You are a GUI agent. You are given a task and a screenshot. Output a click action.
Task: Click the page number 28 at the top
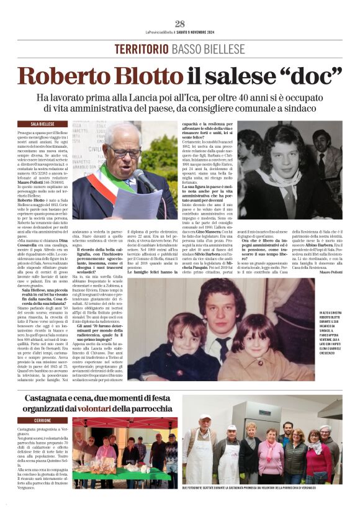coord(180,24)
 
